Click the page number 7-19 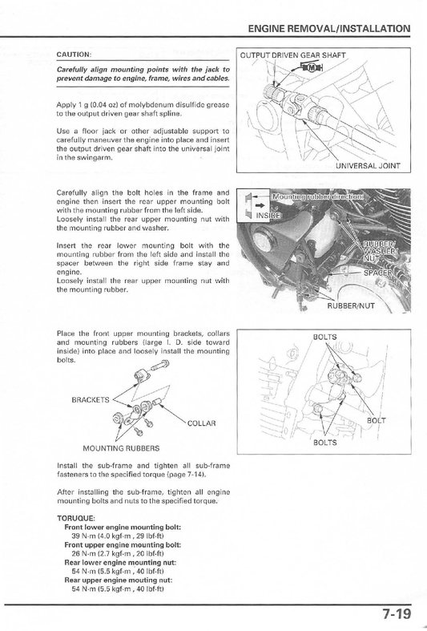[397, 614]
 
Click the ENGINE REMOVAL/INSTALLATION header [329, 29]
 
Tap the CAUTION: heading [74, 55]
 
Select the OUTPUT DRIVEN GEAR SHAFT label [292, 55]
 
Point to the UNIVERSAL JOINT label [368, 165]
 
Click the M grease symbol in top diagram [311, 67]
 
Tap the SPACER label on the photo [377, 273]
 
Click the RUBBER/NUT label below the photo [351, 305]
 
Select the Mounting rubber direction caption [317, 196]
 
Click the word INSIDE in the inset [268, 216]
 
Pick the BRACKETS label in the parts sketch [90, 400]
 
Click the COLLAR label [201, 423]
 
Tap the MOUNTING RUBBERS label [121, 448]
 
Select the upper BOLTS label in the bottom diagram [325, 337]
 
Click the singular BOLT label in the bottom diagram [377, 420]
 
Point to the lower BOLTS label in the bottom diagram [325, 443]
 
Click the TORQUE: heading [76, 518]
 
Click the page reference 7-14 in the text [195, 475]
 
